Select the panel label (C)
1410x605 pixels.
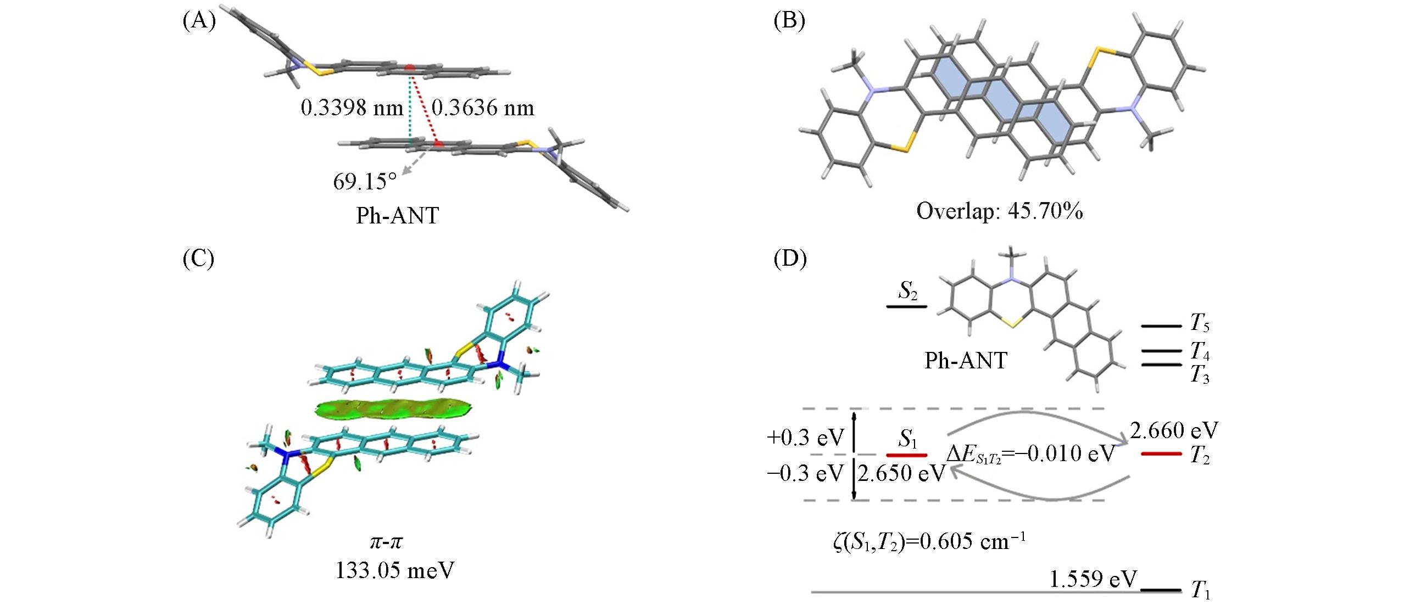(x=199, y=257)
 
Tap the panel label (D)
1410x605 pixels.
(x=790, y=257)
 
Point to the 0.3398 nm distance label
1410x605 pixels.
(x=352, y=108)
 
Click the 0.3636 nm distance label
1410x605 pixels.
(x=483, y=108)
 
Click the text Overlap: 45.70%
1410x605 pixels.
(x=1000, y=211)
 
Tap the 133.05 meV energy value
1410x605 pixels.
(x=395, y=571)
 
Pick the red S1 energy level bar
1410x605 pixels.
(x=906, y=455)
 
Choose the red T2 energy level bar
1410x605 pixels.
(x=1161, y=453)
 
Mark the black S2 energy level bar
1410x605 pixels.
(x=906, y=306)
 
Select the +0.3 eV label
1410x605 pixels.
(x=805, y=438)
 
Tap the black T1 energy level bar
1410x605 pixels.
(x=1161, y=590)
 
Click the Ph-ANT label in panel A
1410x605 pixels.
(x=397, y=215)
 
